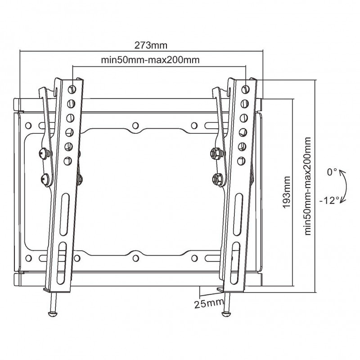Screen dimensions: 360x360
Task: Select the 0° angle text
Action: click(332, 172)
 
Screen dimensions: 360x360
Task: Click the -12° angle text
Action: click(331, 201)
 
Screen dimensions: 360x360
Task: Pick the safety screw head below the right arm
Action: click(226, 312)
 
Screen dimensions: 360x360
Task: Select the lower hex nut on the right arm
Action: click(216, 178)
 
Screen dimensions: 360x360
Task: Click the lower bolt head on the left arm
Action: click(45, 179)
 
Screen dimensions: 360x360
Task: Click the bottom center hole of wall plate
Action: click(135, 258)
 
